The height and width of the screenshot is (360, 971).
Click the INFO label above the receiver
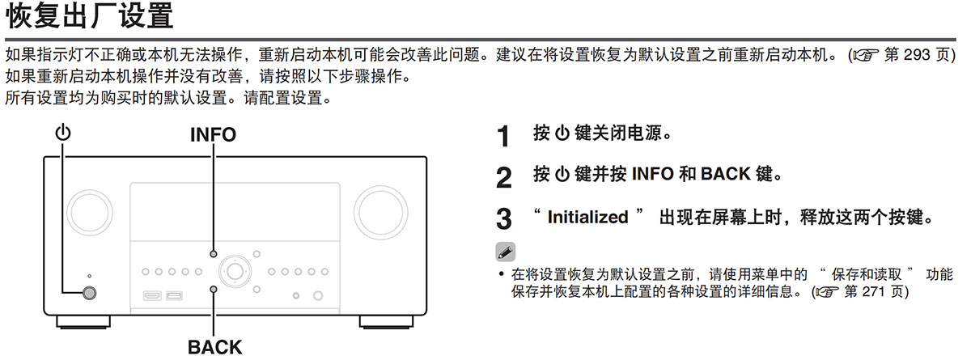point(213,135)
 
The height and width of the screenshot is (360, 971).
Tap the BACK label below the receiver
point(214,348)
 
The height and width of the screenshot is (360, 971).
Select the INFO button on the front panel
point(214,253)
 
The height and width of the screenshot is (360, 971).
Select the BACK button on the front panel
point(214,289)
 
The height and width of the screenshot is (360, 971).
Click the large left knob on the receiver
point(91,209)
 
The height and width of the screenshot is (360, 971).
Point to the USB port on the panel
point(174,294)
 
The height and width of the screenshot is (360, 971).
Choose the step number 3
point(503,219)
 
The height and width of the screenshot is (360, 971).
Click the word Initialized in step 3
point(587,217)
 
